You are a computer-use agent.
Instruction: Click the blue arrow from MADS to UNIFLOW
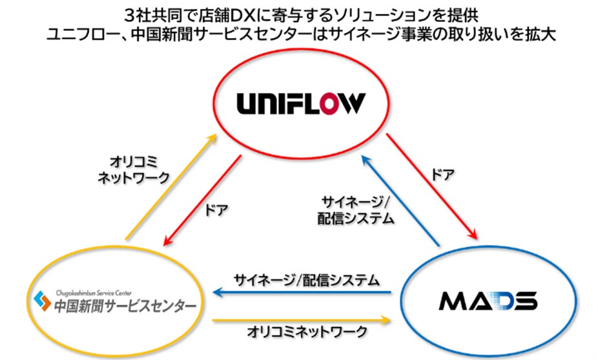pyautogui.click(x=400, y=201)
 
